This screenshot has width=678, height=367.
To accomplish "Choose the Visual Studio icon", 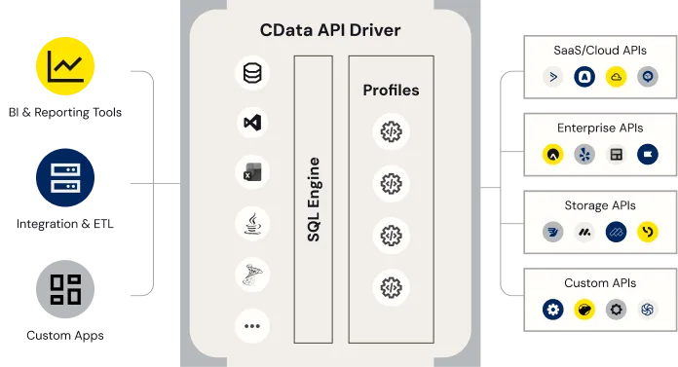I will click(252, 123).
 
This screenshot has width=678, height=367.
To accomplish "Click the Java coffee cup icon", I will click(252, 224).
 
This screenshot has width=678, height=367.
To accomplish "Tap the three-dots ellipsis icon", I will click(252, 326).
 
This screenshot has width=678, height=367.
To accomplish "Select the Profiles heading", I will click(391, 91).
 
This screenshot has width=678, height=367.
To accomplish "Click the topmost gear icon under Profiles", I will click(391, 131).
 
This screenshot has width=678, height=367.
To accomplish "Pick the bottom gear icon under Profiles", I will click(391, 287).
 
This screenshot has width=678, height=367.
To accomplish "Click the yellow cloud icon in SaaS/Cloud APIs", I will click(616, 76).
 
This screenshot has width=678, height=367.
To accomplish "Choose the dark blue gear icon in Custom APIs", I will click(553, 310).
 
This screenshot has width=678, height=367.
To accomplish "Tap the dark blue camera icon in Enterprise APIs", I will click(647, 154).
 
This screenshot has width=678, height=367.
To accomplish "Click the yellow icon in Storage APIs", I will click(647, 232).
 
